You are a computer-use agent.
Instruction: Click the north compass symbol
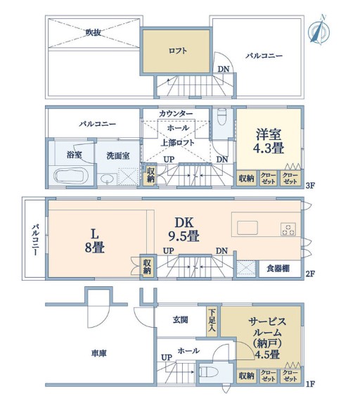pyautogui.click(x=319, y=30)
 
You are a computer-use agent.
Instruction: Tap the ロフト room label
pyautogui.click(x=178, y=51)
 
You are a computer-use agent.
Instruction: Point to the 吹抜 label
pyautogui.click(x=94, y=32)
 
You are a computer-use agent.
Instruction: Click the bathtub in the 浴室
pyautogui.click(x=71, y=175)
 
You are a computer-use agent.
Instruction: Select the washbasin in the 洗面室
pyautogui.click(x=108, y=179)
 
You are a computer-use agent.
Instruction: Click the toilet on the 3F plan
pyautogui.click(x=222, y=117)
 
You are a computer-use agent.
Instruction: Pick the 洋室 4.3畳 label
pyautogui.click(x=269, y=141)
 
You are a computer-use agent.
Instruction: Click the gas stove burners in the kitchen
pyautogui.click(x=288, y=229)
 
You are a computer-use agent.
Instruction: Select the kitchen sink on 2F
pyautogui.click(x=247, y=228)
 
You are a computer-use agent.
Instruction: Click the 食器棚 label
pyautogui.click(x=278, y=268)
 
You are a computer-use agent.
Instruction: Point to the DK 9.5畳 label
pyautogui.click(x=184, y=229)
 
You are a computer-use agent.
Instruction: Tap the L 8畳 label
pyautogui.click(x=95, y=241)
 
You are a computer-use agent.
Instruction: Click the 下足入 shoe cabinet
pyautogui.click(x=212, y=321)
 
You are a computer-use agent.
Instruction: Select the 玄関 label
pyautogui.click(x=180, y=320)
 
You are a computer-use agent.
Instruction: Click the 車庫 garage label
pyautogui.click(x=98, y=353)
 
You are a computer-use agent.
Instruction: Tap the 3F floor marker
pyautogui.click(x=310, y=186)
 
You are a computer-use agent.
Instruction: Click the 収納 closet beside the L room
pyautogui.click(x=147, y=267)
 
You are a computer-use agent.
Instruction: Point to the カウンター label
pyautogui.click(x=176, y=114)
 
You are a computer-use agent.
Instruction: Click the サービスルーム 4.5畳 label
pyautogui.click(x=267, y=338)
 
